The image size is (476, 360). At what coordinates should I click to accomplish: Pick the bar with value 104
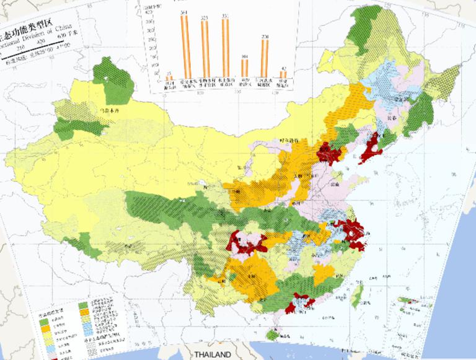click(245, 68)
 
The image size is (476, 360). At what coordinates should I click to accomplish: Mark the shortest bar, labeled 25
click(169, 77)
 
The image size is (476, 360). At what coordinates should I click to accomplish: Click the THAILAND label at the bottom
click(212, 354)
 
